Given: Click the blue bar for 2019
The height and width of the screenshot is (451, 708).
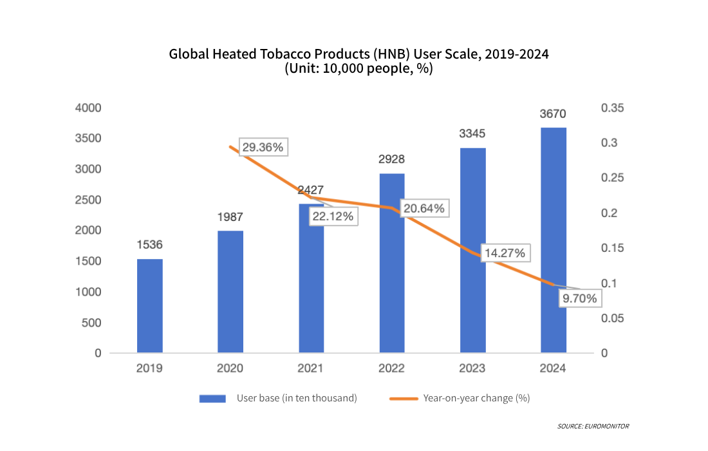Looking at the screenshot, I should point(149,306).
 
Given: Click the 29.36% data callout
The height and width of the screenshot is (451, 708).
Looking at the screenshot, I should point(263,147).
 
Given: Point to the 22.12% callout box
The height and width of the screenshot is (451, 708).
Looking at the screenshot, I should point(333,216).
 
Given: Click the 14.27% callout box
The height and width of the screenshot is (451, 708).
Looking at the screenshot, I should point(504,253).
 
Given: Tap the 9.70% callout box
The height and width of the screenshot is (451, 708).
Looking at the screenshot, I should point(579,298).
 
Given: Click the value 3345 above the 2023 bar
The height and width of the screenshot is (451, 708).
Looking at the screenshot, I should point(472,134).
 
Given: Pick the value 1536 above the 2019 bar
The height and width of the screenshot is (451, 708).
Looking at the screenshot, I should point(149,245).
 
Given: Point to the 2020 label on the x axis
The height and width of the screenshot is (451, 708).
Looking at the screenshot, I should point(230,369).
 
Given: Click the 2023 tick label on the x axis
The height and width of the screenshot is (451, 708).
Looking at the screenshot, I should point(472,369).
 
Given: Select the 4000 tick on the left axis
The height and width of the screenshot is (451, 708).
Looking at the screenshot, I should point(89,108).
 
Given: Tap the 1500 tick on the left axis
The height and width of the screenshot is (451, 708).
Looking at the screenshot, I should point(89,261).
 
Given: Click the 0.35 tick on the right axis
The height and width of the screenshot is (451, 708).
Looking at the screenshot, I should point(612,108).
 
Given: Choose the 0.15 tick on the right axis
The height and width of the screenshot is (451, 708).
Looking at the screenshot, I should point(612,248).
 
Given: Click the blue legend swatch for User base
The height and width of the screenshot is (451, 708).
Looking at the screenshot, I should point(212,398).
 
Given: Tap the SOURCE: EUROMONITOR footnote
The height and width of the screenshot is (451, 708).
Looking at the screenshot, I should point(593,426).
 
